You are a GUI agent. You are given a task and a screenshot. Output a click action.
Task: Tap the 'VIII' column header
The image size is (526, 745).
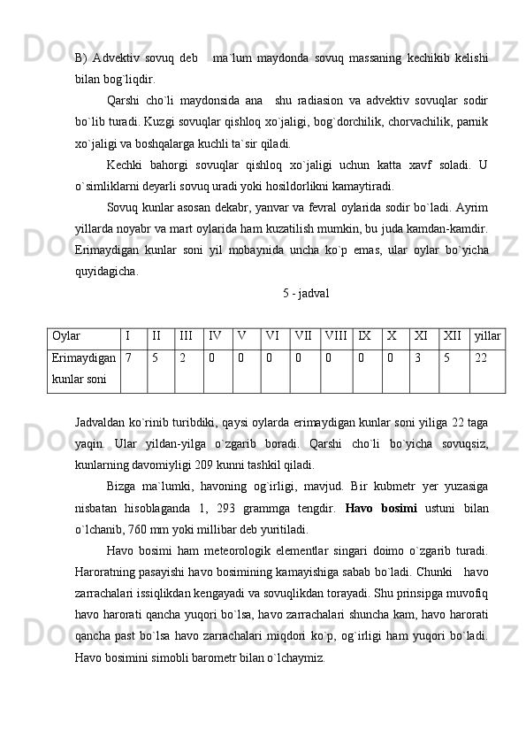(x=336, y=336)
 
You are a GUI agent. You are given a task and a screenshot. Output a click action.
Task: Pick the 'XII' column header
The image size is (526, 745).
(x=454, y=336)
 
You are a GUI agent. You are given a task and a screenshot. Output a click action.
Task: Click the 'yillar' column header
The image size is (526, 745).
(x=487, y=336)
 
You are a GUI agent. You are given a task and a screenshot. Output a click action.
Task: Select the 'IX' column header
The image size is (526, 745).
(x=364, y=336)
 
